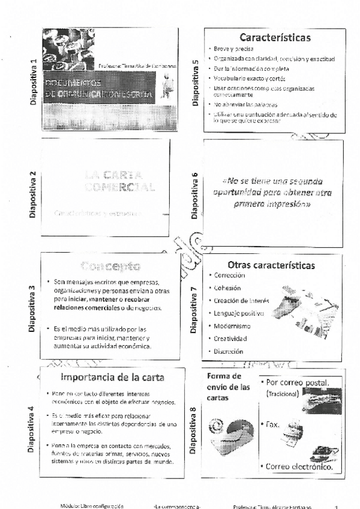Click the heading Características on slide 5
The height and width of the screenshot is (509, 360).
coord(275,38)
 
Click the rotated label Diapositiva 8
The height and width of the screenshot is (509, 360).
coord(193,430)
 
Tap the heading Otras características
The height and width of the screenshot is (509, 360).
coord(271,265)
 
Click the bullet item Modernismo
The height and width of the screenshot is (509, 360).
coord(232,326)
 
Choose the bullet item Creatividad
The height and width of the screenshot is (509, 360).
coord(230,339)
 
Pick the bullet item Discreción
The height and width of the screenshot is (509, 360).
coord(228,352)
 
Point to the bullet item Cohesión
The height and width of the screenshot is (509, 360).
coord(227,288)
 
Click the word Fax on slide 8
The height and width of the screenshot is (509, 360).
coord(272,424)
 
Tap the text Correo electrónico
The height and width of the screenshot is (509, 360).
coord(298,466)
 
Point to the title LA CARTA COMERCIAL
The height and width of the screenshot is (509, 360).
coord(119,181)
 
